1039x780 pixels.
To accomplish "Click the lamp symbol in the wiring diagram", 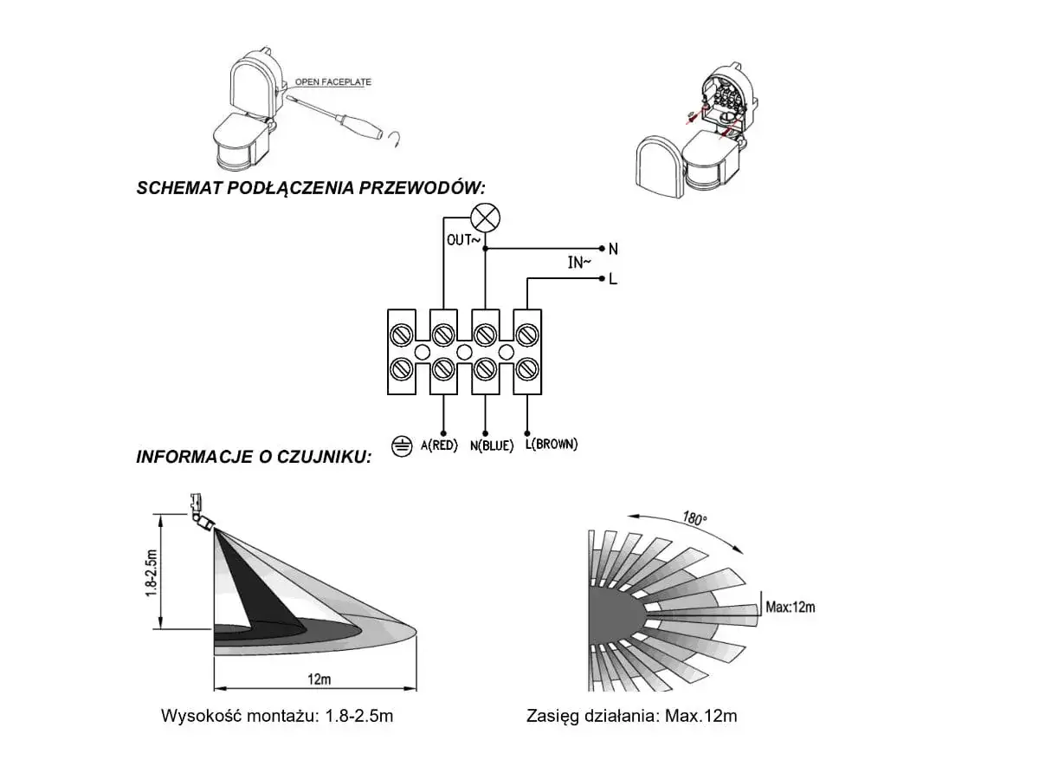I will pos(485,218).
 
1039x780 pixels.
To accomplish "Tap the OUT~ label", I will pos(463,240).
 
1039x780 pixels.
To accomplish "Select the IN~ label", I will pos(579,263).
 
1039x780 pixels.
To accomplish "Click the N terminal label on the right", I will pos(613,249).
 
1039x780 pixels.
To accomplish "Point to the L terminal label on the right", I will pos(613,279).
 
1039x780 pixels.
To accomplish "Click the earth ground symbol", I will pos(401,445).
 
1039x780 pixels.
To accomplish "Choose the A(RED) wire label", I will pos(439,445).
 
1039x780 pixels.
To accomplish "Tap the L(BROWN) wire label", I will pos(552,445).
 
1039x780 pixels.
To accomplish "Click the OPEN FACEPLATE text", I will pos(333,82).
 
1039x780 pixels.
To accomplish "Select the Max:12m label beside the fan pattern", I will pos(791,607).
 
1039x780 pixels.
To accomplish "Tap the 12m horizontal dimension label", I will pos(318,679).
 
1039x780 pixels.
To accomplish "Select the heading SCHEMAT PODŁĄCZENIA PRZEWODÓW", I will pos(311,189).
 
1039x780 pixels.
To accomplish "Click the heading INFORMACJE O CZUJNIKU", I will pos(254,457).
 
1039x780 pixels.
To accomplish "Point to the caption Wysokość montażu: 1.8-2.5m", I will pos(277,717).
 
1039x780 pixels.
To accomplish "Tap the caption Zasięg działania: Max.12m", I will pos(632,717).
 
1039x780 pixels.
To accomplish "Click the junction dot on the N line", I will pos(485,249).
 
